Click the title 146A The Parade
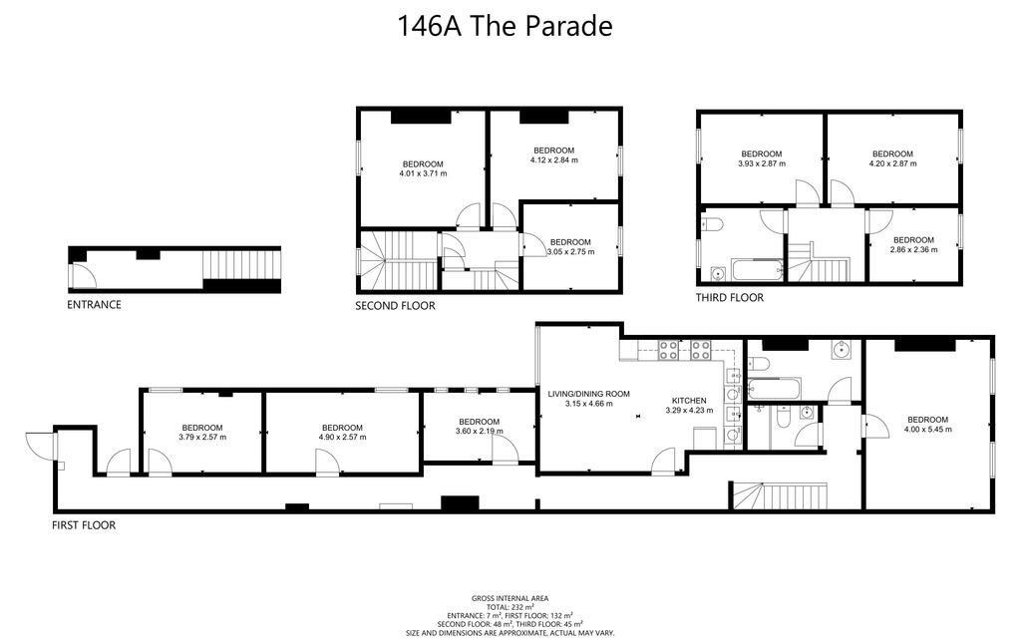[x=505, y=26]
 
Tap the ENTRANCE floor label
[x=94, y=305]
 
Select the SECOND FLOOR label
[x=395, y=306]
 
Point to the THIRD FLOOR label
[x=729, y=298]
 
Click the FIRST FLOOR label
[x=84, y=524]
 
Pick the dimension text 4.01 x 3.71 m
[x=423, y=174]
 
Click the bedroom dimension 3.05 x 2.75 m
[x=570, y=252]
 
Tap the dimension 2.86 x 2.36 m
[x=913, y=250]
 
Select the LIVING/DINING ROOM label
[x=588, y=394]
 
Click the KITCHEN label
[x=689, y=401]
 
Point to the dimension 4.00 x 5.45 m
[x=927, y=430]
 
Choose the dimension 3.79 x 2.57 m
[x=202, y=438]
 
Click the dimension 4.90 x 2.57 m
[x=342, y=438]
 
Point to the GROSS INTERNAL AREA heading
[x=510, y=598]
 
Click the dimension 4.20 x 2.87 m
[x=891, y=163]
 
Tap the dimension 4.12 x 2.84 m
[x=553, y=159]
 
